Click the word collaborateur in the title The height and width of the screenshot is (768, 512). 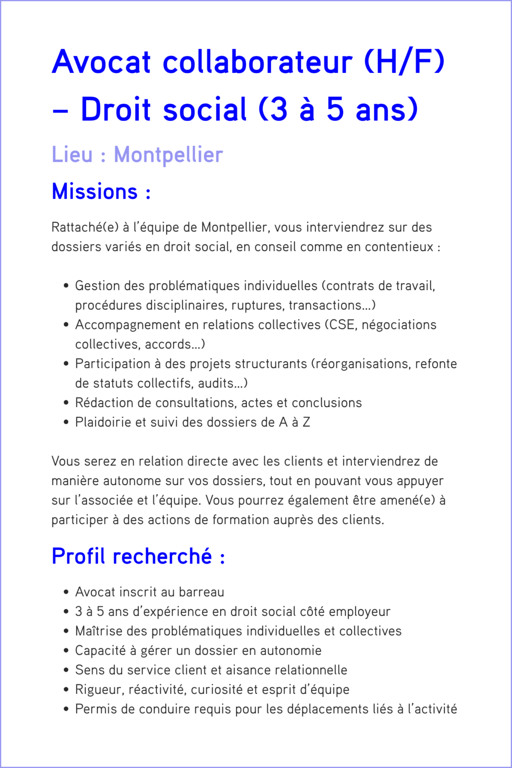point(257,62)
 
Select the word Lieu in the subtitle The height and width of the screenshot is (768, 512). point(72,154)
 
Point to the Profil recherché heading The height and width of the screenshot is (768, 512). point(138,556)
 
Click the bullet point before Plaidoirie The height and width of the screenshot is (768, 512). point(66,422)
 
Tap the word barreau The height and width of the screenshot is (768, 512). point(201,592)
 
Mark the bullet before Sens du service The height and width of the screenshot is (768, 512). point(66,670)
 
